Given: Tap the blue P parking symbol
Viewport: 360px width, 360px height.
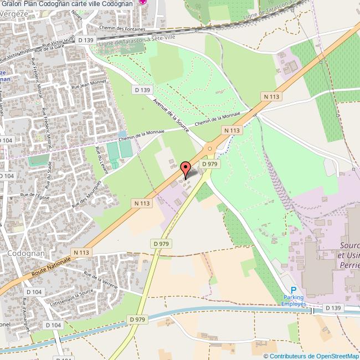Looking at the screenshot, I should (294, 290).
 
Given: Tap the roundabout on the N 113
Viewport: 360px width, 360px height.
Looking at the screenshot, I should (210, 148).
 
